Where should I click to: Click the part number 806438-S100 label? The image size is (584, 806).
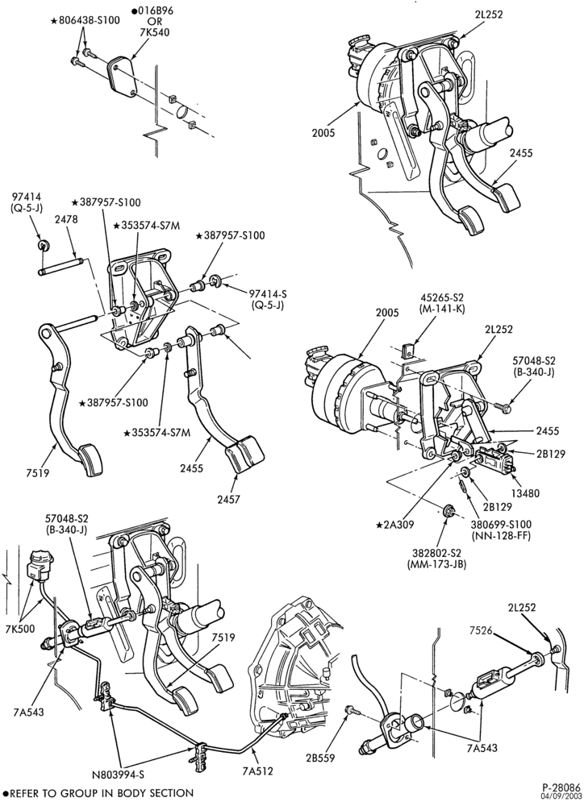(x=89, y=21)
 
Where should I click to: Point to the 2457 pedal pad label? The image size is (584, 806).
(x=228, y=499)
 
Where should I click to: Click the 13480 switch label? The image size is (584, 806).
(x=526, y=492)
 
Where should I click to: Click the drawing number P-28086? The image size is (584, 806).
(x=561, y=787)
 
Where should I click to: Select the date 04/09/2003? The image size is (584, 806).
(x=562, y=796)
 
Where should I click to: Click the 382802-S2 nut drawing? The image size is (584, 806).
(x=448, y=512)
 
